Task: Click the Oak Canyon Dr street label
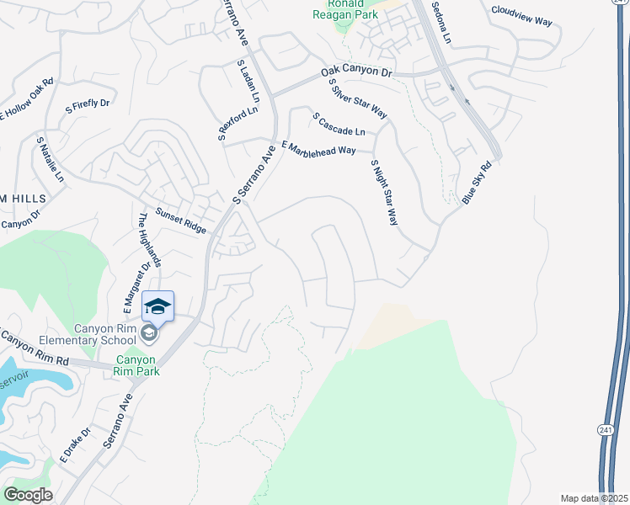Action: pos(357,74)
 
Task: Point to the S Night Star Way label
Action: pos(383,193)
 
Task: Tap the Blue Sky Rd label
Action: pos(476,183)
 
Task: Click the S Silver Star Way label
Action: pos(357,99)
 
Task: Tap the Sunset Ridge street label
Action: pos(181,221)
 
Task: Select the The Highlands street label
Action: pos(151,239)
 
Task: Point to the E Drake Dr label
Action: pos(75,445)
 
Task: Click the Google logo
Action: pos(28,494)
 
